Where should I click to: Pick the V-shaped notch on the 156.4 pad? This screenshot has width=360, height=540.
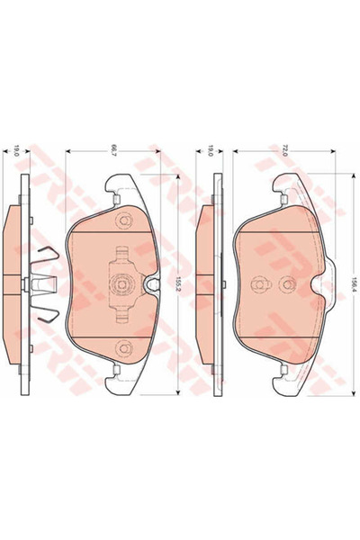310,286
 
